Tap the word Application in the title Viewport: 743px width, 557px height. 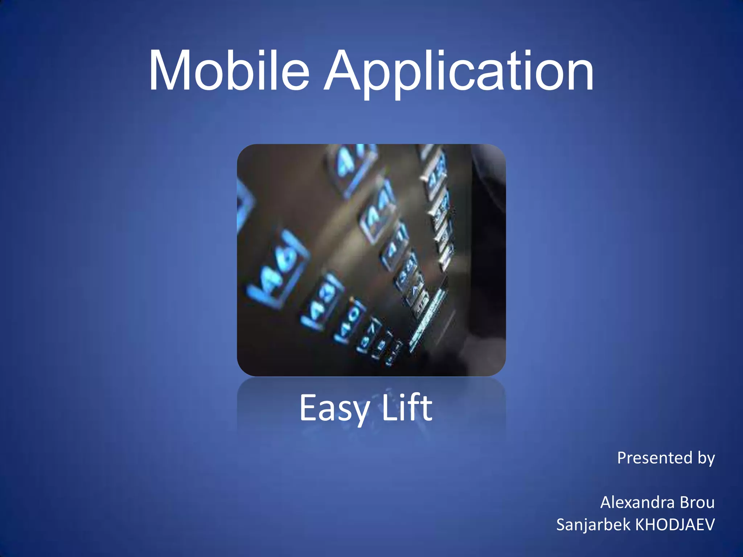pos(459,73)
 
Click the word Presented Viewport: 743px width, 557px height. pos(655,458)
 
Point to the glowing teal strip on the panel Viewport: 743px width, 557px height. pos(428,319)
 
